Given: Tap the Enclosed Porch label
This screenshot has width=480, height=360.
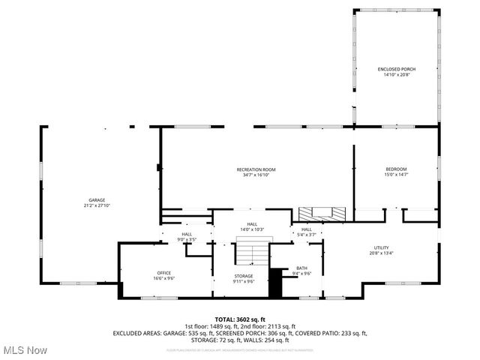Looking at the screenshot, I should (397, 69).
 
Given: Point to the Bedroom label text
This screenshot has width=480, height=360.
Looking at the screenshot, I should (396, 169).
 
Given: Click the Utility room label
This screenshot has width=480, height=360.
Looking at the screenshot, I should (382, 248).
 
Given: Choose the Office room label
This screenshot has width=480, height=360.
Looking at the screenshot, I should (164, 272).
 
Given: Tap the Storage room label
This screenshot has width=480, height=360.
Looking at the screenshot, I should (244, 276).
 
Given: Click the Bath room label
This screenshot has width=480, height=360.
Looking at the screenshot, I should (301, 268).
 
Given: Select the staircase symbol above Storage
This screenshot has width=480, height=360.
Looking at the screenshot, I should (244, 256).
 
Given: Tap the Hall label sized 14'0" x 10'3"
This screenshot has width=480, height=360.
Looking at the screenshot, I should (253, 224).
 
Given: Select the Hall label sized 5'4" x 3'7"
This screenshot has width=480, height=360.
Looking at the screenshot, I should (307, 229).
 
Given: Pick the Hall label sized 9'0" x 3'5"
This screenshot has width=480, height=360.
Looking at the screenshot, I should (186, 235).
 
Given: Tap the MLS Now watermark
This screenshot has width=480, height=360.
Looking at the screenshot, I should (25, 350).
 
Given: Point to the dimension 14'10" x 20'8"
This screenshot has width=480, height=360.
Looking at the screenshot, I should (397, 74).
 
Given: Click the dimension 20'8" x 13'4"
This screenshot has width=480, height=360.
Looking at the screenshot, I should (382, 253).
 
